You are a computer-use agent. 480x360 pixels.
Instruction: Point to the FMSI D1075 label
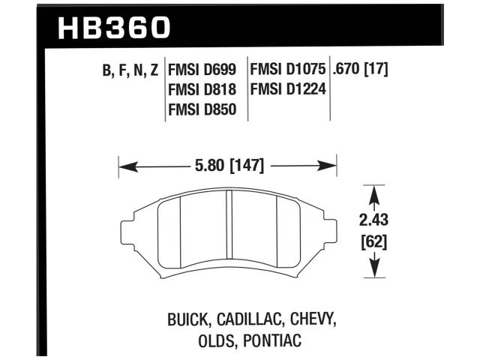(288, 70)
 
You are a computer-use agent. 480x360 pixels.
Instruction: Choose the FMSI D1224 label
(288, 90)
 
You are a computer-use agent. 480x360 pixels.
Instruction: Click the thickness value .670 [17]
(364, 70)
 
